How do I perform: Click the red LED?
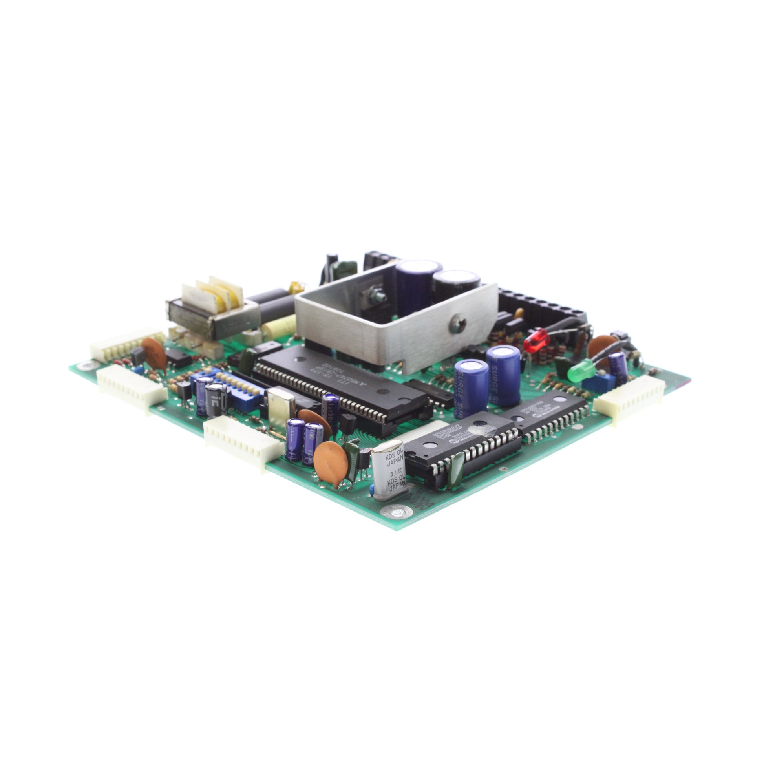tap(536, 340)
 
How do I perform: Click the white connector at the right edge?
tap(629, 399)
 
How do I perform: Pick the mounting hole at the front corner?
tap(396, 512)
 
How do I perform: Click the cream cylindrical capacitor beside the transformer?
tap(279, 327)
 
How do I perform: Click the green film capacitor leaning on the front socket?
tap(457, 466)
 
